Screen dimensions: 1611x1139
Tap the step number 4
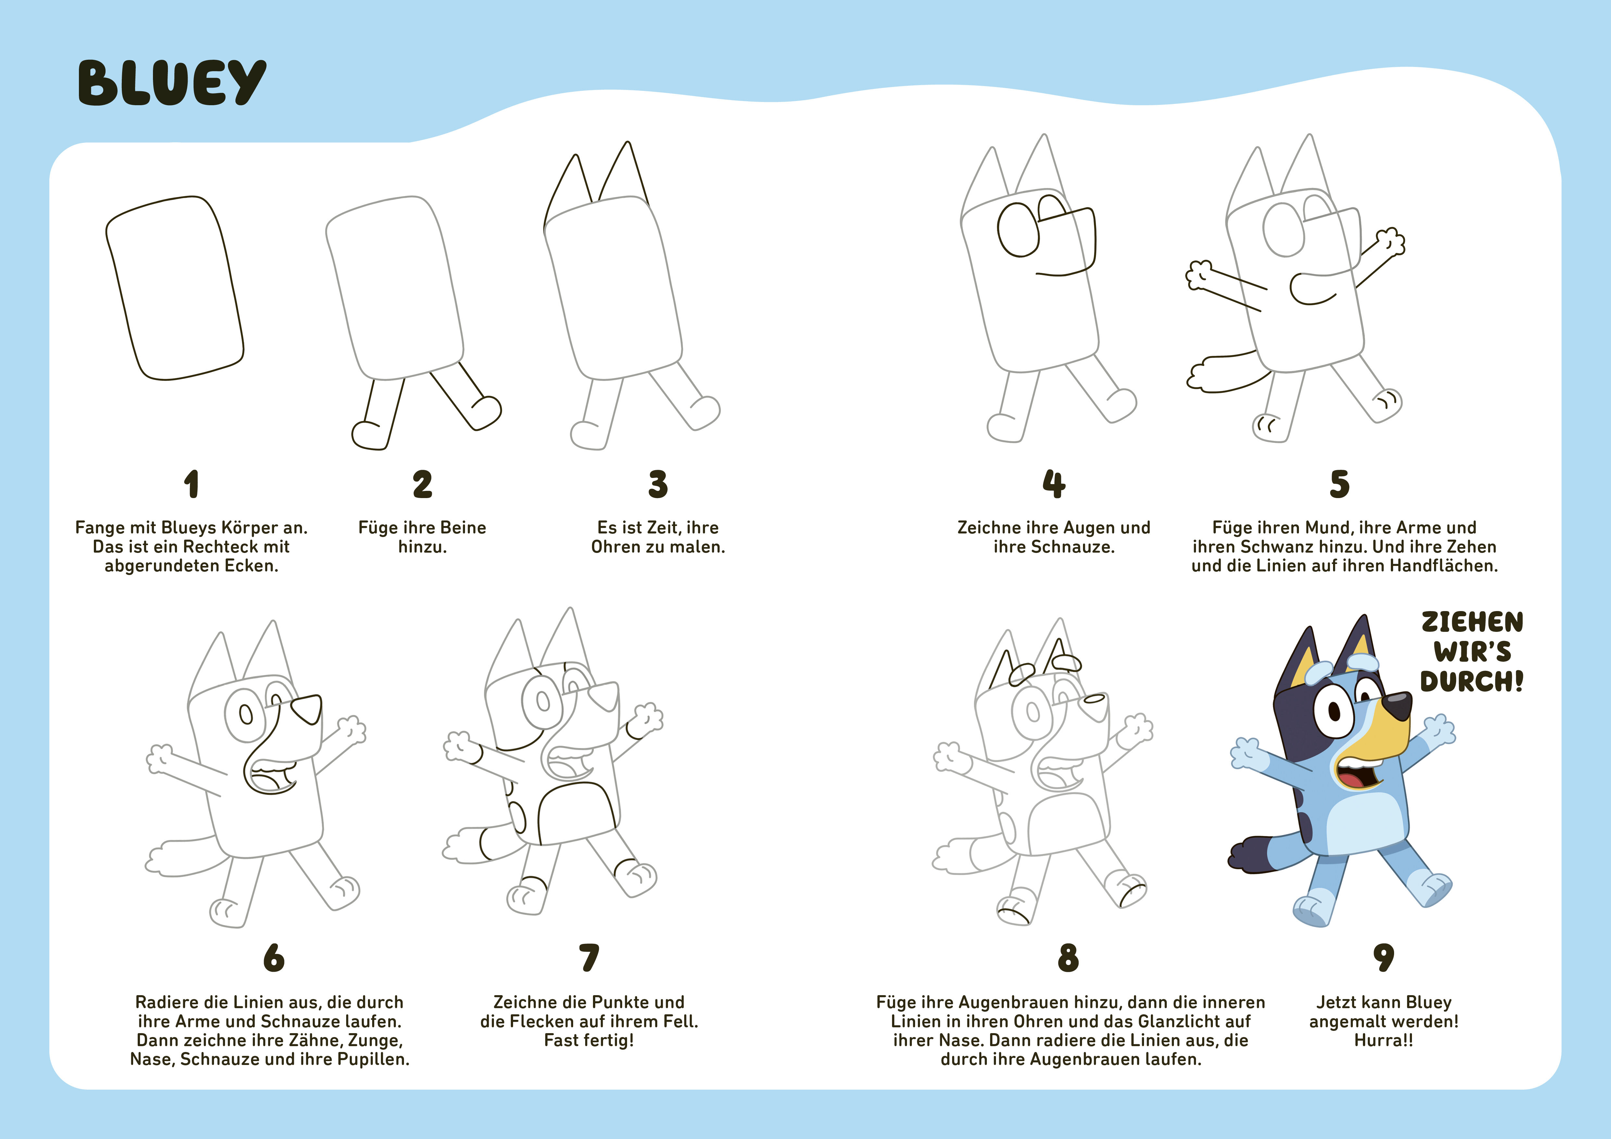(x=1054, y=484)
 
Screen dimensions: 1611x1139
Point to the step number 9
(x=1384, y=958)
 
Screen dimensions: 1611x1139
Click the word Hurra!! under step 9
(x=1384, y=1040)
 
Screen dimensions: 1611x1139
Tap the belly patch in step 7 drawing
(x=577, y=814)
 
